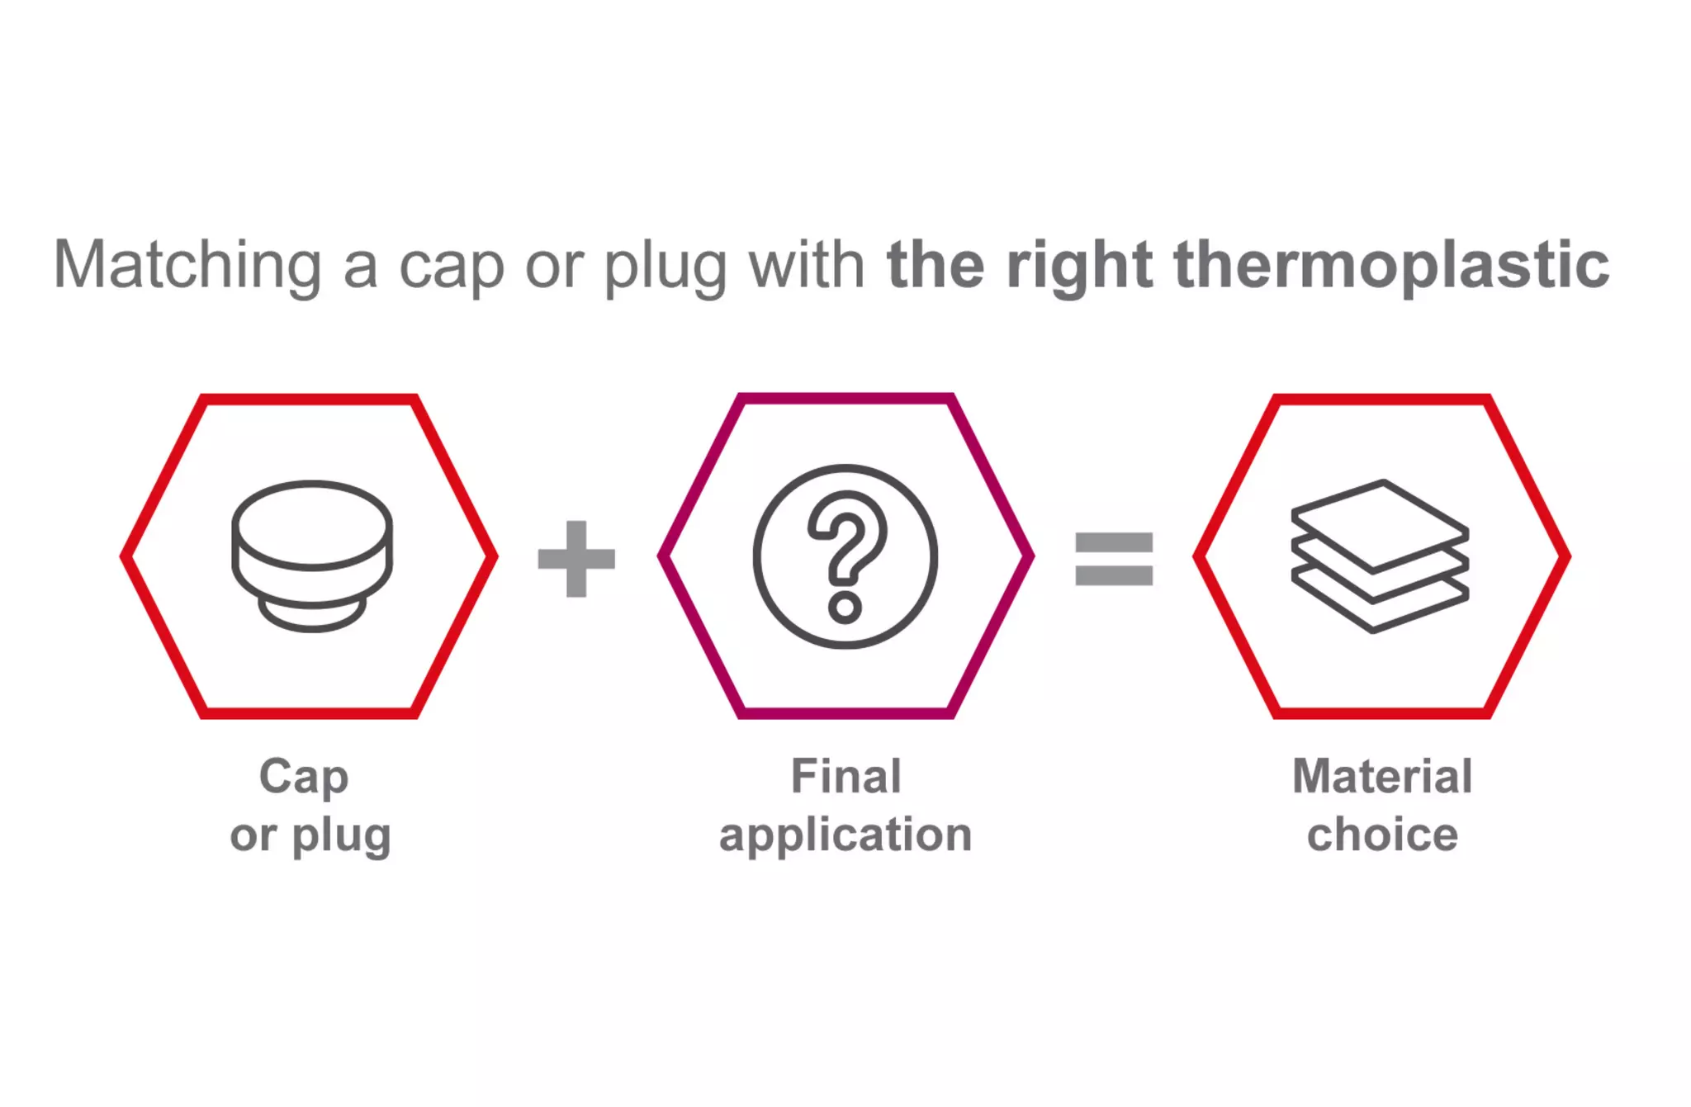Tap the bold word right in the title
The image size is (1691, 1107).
pyautogui.click(x=1078, y=266)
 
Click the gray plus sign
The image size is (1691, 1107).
pyautogui.click(x=576, y=559)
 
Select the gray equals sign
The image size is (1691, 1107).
pyautogui.click(x=1113, y=559)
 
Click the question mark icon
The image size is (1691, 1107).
pyautogui.click(x=845, y=556)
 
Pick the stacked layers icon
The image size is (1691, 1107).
pyautogui.click(x=1380, y=556)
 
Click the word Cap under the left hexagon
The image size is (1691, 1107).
pyautogui.click(x=304, y=778)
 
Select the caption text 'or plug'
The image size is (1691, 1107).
pyautogui.click(x=310, y=835)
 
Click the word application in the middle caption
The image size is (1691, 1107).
pyautogui.click(x=845, y=835)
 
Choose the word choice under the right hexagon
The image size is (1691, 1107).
pyautogui.click(x=1382, y=835)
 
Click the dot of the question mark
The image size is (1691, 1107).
pyautogui.click(x=845, y=608)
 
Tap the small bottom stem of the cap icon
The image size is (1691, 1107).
pyautogui.click(x=312, y=616)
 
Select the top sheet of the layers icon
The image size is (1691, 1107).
pyautogui.click(x=1380, y=523)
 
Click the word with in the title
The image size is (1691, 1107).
pyautogui.click(x=806, y=266)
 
